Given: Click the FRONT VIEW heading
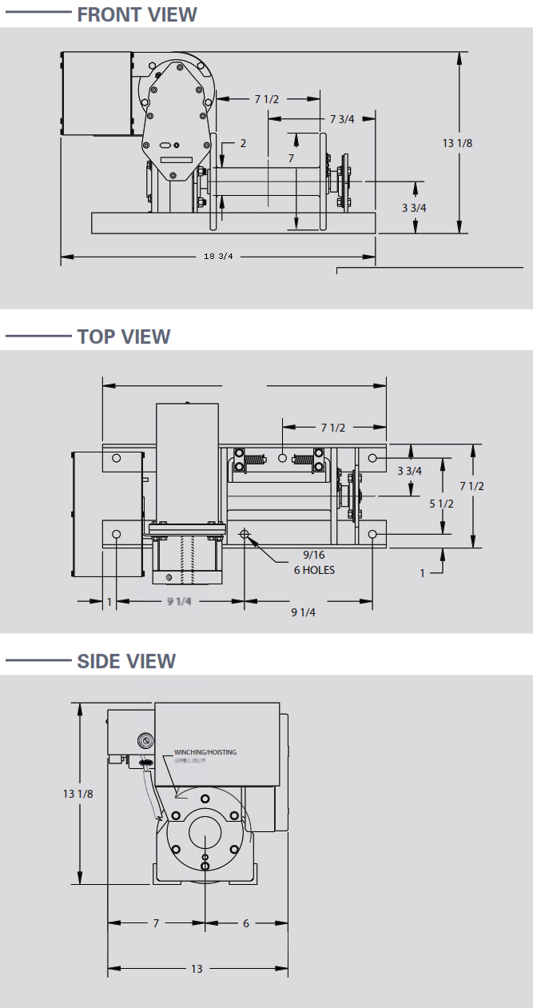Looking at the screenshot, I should click(137, 14).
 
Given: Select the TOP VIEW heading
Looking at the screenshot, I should click(123, 337).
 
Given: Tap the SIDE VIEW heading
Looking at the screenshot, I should click(126, 661).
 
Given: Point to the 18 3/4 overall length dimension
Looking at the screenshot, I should click(217, 257).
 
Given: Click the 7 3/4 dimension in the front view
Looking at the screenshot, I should click(342, 119).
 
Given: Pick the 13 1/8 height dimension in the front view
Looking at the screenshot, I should click(458, 144).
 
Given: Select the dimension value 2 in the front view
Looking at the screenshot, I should click(243, 144).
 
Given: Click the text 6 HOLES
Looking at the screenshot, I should click(313, 570).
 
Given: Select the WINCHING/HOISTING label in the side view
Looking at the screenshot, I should click(205, 752).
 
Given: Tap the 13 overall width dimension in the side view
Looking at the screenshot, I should click(197, 969).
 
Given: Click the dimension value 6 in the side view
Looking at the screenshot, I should click(246, 923).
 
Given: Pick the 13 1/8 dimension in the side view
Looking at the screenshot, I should click(78, 794).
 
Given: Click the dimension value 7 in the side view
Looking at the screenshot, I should click(156, 923).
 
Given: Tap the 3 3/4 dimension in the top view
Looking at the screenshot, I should click(411, 471).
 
